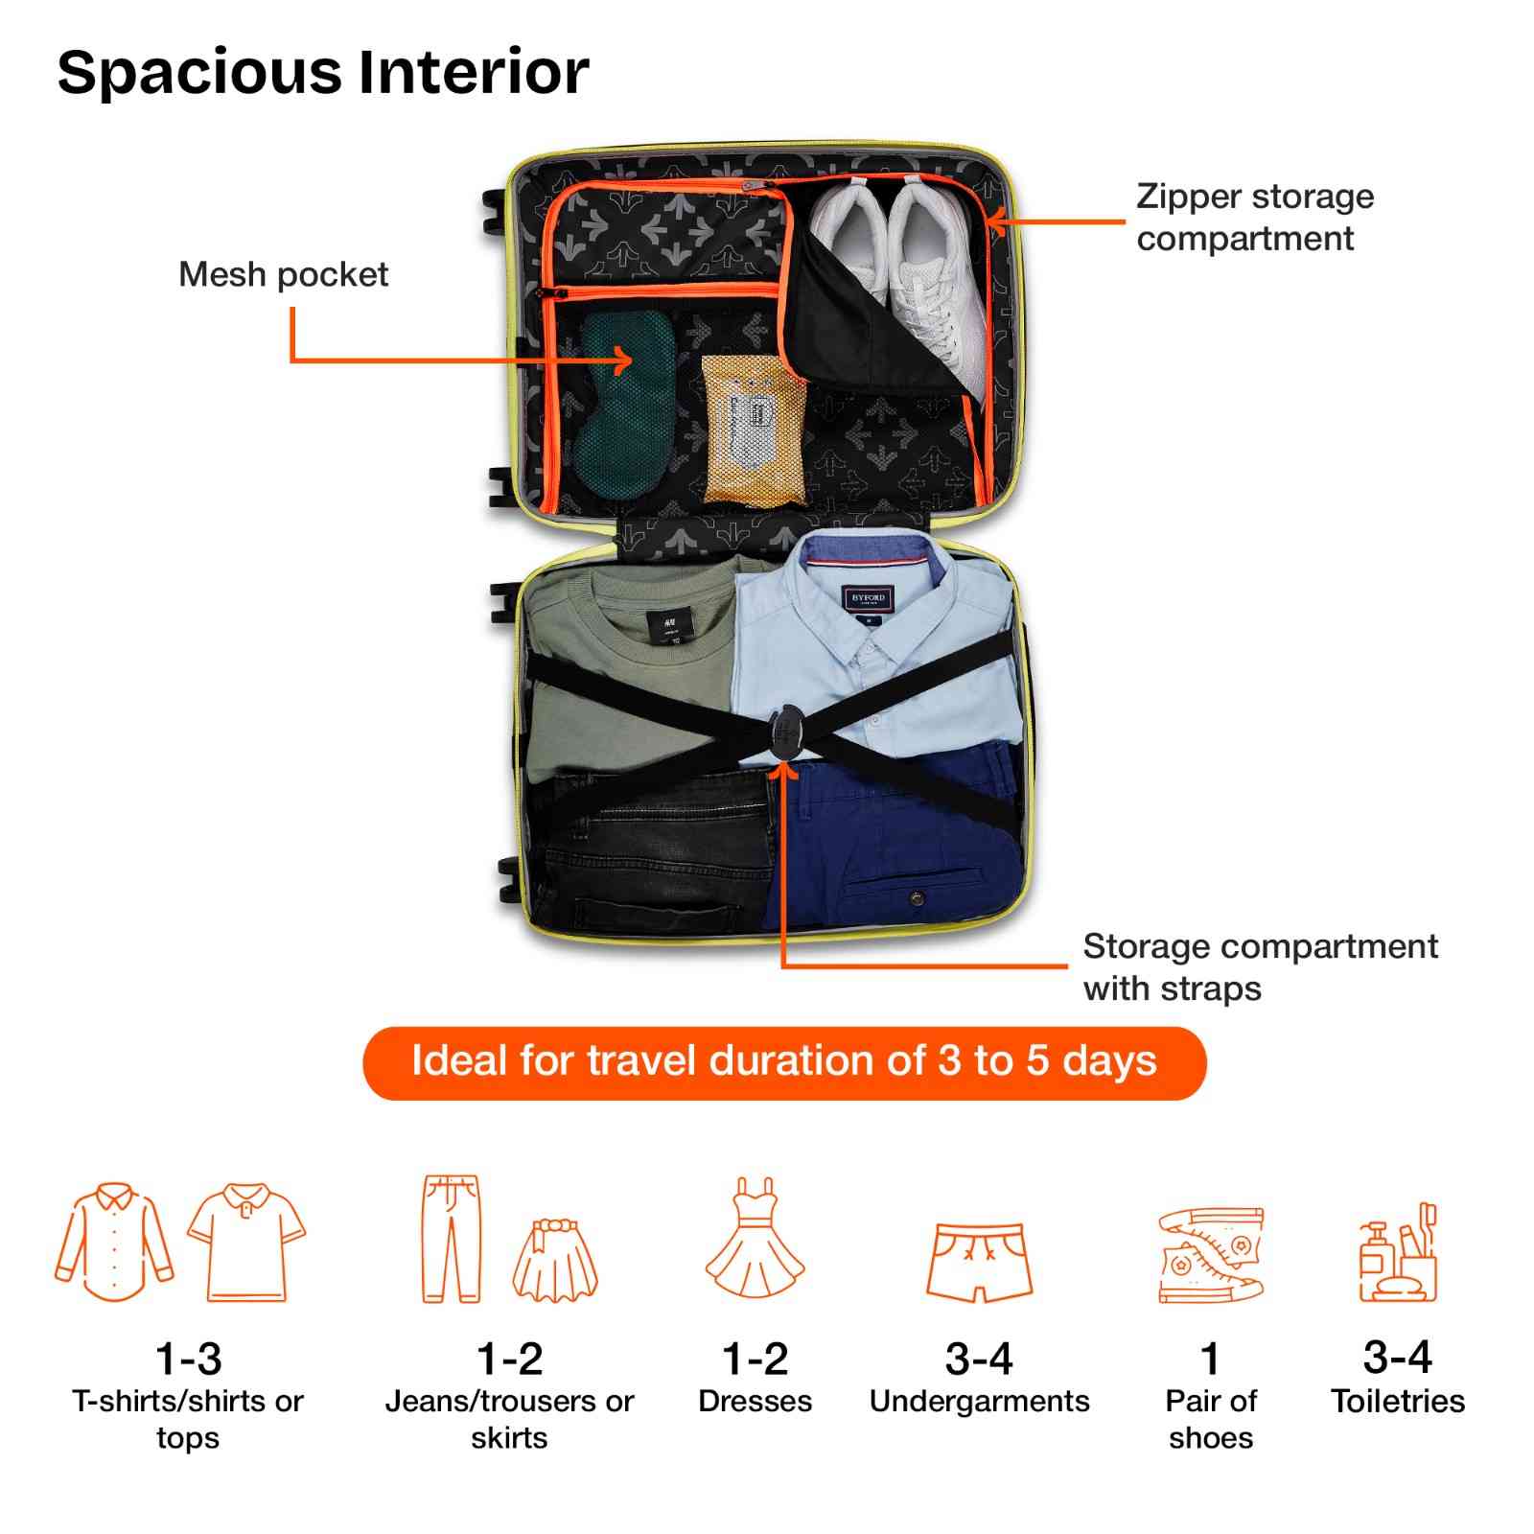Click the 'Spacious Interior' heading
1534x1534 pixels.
[x=323, y=73]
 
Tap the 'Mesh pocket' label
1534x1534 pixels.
[x=284, y=275]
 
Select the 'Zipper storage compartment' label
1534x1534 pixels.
[x=1255, y=217]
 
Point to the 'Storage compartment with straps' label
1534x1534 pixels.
[x=1260, y=966]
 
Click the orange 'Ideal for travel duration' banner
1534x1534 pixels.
[x=784, y=1062]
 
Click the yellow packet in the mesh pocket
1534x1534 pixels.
[x=754, y=430]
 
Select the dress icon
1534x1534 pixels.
[x=755, y=1238]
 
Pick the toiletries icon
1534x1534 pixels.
[x=1398, y=1252]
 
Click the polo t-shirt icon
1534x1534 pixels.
[x=246, y=1243]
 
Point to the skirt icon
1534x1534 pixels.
[x=555, y=1260]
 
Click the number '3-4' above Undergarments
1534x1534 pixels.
[x=979, y=1359]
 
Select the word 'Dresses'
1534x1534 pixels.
[x=755, y=1402]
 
